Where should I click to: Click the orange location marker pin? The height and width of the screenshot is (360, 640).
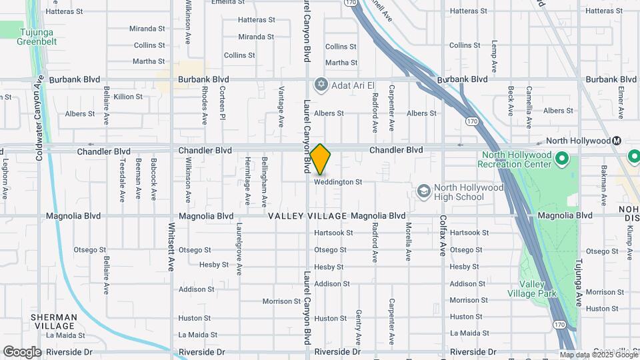pyautogui.click(x=320, y=159)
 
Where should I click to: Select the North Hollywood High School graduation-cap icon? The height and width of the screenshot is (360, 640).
pyautogui.click(x=423, y=192)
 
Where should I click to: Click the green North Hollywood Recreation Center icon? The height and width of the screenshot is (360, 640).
pyautogui.click(x=561, y=159)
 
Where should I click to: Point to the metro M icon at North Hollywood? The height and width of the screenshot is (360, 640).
pyautogui.click(x=617, y=141)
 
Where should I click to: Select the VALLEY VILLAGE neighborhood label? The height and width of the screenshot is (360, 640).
pyautogui.click(x=307, y=216)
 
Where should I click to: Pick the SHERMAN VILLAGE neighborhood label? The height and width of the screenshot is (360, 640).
pyautogui.click(x=53, y=321)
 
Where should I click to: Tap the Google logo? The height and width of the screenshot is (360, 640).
pyautogui.click(x=22, y=351)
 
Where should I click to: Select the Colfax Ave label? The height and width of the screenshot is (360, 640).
pyautogui.click(x=442, y=235)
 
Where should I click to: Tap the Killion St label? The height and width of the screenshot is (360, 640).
pyautogui.click(x=128, y=97)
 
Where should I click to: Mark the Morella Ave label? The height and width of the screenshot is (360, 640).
pyautogui.click(x=408, y=241)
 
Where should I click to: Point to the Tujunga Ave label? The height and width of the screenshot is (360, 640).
pyautogui.click(x=579, y=281)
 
